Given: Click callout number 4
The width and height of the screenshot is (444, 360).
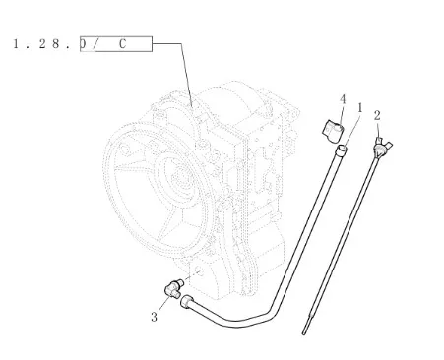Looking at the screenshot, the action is tap(343, 99).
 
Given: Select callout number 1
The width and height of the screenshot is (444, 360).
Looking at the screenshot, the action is tap(360, 108).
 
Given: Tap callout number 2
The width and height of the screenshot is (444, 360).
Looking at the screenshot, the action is tap(377, 116).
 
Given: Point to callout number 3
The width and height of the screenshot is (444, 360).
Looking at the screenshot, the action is tap(154, 317).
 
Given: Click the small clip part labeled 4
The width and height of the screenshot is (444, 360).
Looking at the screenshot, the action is tap(333, 131).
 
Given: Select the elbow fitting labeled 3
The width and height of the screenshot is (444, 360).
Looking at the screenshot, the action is tap(174, 288).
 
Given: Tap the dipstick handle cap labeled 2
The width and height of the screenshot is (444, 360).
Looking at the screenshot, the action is tap(383, 147).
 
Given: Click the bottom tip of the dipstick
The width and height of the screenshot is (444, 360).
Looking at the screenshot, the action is tap(304, 334).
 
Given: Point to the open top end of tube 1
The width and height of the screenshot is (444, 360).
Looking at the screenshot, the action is tap(342, 149).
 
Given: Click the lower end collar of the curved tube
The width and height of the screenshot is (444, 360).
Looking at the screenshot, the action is tap(186, 302).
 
